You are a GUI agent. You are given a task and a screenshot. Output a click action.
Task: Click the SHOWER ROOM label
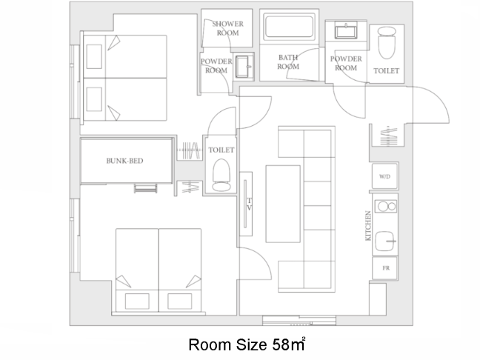coord(227,28)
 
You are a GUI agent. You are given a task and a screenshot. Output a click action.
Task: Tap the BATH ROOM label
coord(288,61)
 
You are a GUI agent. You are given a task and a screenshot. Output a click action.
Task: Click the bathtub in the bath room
coord(289,27)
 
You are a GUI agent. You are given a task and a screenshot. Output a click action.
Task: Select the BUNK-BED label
coord(124,161)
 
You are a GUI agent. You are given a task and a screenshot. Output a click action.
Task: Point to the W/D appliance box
coord(384,176)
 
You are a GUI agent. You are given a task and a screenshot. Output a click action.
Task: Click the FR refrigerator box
coord(384,268)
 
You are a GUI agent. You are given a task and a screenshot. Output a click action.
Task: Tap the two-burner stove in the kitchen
coord(386,207)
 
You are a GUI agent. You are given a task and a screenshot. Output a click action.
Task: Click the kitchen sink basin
coord(384,241)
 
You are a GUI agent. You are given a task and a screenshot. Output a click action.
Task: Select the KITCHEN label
coord(368,226)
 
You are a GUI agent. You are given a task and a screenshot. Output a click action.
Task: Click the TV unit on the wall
coord(246,204)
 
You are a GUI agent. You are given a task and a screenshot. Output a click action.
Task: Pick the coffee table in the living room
coord(283,204)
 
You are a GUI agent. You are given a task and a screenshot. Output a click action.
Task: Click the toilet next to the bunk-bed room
coord(221,175)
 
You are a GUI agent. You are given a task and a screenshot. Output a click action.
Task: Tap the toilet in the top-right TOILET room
coord(387,43)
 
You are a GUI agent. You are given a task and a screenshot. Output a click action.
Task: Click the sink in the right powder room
coord(346,30)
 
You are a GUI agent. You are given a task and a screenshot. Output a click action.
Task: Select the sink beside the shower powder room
coord(244,67)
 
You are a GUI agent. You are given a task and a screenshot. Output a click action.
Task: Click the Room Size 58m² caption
coord(247,344)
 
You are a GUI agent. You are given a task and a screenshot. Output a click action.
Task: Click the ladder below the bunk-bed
coord(146,189)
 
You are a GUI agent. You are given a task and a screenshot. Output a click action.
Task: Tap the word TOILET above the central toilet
coord(221,150)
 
